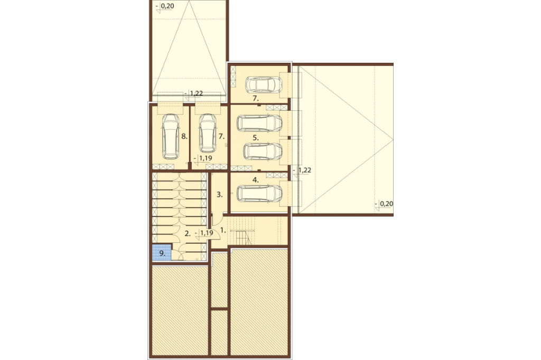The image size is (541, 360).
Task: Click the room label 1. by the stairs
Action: point(223,230)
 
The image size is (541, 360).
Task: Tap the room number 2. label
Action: point(188,233)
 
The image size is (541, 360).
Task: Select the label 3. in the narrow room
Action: point(220,194)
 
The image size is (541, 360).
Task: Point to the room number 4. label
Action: point(255,179)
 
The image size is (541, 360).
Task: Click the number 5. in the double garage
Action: point(255,138)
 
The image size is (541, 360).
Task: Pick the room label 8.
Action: point(184,137)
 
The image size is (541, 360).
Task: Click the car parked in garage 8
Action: point(171,137)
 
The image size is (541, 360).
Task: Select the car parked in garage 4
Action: point(260,193)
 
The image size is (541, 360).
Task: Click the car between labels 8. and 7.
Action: point(207,133)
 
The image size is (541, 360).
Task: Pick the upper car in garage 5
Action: point(260,123)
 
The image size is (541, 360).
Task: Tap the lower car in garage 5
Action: point(263,151)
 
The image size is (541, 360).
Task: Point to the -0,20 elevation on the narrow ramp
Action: point(165,6)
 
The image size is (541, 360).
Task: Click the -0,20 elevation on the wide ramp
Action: point(384,204)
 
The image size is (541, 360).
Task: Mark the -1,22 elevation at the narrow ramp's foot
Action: point(193,93)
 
